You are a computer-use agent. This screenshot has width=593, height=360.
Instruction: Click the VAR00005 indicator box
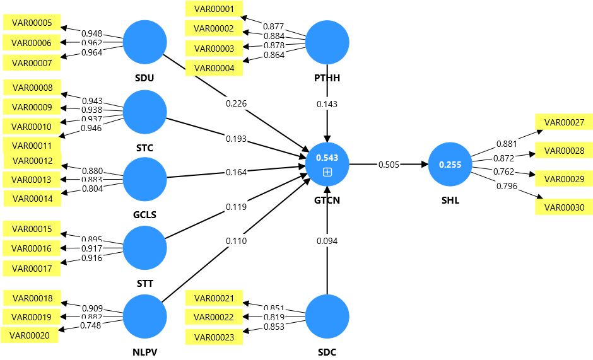(32, 23)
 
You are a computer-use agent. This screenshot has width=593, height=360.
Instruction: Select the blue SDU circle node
(144, 42)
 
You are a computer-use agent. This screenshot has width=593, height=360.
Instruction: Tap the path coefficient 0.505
(389, 165)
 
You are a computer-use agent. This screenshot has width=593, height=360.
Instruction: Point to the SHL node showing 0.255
(450, 165)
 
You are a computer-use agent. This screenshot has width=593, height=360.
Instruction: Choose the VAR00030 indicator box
(564, 207)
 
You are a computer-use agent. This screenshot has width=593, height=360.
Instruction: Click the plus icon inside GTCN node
(327, 172)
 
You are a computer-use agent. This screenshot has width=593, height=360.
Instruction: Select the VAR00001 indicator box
(214, 9)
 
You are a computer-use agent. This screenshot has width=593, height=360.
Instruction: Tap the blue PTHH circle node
(327, 42)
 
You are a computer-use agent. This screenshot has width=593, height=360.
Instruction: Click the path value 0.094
(327, 240)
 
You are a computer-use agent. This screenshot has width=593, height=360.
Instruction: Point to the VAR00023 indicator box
(214, 337)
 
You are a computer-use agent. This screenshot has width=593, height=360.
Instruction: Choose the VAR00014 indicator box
(32, 199)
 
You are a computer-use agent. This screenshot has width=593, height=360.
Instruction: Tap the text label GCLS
(145, 214)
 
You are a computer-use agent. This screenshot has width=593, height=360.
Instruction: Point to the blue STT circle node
(144, 248)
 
